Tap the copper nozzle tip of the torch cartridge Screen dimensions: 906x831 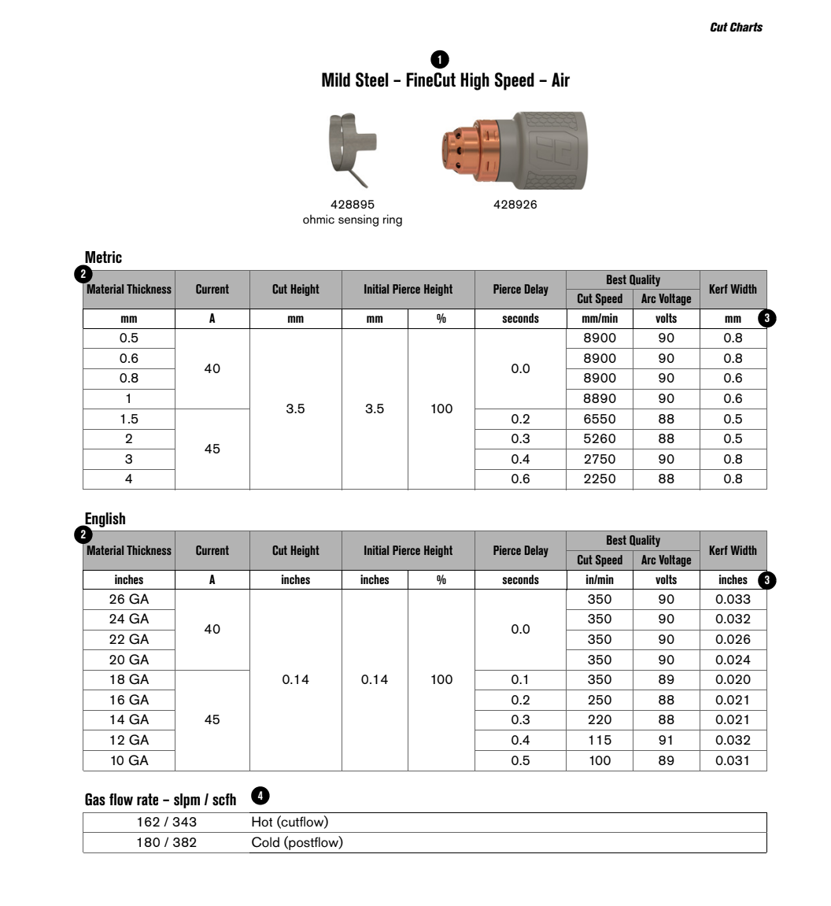point(458,150)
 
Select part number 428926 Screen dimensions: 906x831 point(515,205)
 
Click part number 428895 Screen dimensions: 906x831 point(353,205)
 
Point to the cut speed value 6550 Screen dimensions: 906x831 point(600,419)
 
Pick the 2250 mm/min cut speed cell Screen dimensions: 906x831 point(600,479)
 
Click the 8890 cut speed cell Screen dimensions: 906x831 point(600,398)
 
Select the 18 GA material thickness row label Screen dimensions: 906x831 point(129,679)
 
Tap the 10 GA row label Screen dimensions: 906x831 point(129,760)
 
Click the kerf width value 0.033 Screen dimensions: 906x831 point(733,599)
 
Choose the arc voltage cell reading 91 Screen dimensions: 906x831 point(666,740)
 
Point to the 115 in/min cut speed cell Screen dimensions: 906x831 point(600,740)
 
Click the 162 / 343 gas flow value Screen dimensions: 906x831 point(167,822)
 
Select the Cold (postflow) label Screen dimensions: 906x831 point(297,842)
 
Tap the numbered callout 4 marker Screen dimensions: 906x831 point(260,796)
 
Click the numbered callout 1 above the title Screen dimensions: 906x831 point(440,60)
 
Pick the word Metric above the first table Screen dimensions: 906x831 point(104,257)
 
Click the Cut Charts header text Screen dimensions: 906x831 point(736,27)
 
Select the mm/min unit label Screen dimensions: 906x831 point(600,319)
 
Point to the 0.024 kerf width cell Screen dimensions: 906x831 point(733,660)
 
